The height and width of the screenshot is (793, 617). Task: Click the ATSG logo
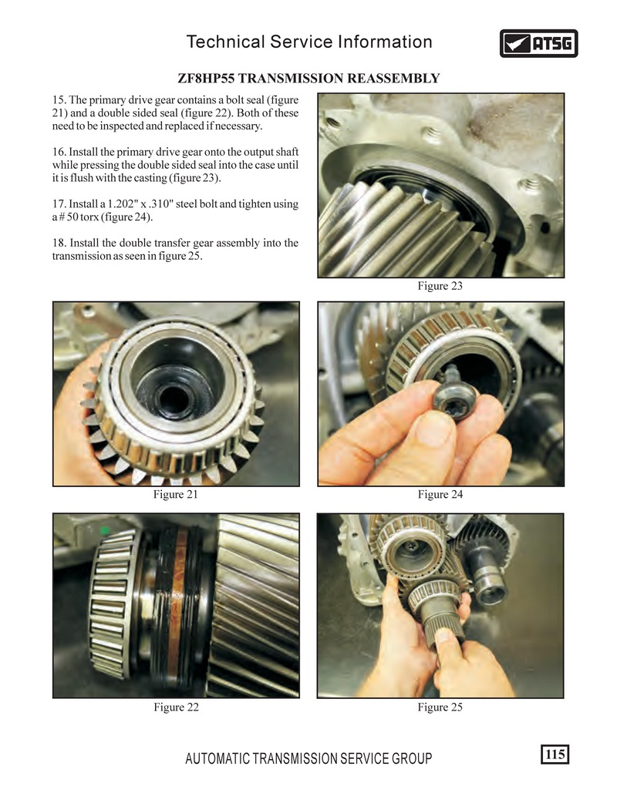(538, 43)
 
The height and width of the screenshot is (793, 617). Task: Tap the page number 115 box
(555, 754)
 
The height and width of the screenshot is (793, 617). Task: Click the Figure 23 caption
(440, 286)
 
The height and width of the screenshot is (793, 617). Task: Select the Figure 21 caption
(176, 494)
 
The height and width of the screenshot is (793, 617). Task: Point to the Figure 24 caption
(440, 494)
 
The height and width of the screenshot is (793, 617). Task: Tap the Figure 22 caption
(176, 707)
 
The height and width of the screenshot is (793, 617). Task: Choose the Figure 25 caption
(440, 707)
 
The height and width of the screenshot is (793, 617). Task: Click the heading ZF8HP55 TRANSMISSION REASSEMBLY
(308, 79)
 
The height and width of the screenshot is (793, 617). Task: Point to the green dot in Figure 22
(105, 530)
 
